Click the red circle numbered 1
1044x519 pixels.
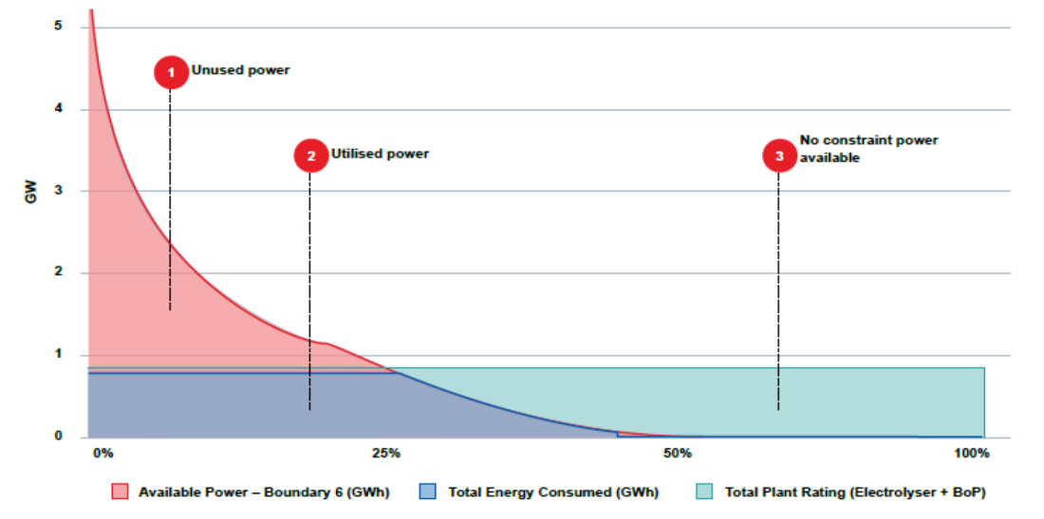point(171,72)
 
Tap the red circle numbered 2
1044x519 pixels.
point(310,156)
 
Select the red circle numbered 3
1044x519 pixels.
point(779,157)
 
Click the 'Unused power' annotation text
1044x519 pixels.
point(240,70)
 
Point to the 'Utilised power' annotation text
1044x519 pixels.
point(380,154)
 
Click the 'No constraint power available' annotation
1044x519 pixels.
point(867,149)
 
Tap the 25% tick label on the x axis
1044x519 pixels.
point(385,454)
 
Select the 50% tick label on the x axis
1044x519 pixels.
point(677,454)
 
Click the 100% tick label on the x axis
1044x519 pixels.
point(971,454)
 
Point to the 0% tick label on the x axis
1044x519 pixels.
point(103,454)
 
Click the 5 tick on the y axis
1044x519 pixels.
point(58,26)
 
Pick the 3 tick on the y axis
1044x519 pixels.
point(58,191)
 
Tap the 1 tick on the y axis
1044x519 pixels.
point(58,355)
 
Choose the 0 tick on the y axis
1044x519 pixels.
point(58,436)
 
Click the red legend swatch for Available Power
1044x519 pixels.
point(120,491)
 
